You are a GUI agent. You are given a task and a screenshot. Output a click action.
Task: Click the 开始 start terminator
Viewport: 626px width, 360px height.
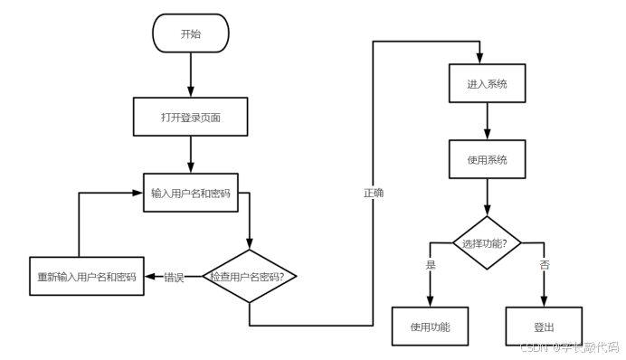pyautogui.click(x=191, y=35)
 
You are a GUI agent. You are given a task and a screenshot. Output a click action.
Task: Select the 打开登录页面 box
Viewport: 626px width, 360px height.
pyautogui.click(x=191, y=117)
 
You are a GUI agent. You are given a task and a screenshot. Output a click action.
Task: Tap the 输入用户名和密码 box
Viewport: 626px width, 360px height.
pyautogui.click(x=191, y=193)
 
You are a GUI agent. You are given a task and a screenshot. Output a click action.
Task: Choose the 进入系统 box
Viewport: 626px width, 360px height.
pyautogui.click(x=488, y=84)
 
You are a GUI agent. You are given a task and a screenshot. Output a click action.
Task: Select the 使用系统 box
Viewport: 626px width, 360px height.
pyautogui.click(x=488, y=159)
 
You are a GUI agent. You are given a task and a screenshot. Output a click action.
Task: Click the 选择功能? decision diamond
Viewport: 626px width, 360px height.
pyautogui.click(x=488, y=242)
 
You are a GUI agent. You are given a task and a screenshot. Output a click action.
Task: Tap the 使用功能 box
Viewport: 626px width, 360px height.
pyautogui.click(x=430, y=326)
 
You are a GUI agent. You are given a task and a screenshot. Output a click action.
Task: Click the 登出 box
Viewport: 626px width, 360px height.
pyautogui.click(x=544, y=326)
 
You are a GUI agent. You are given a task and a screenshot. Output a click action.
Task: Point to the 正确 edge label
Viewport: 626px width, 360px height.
pyautogui.click(x=374, y=193)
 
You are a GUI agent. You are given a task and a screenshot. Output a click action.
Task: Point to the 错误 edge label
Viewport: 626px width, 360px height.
pyautogui.click(x=174, y=277)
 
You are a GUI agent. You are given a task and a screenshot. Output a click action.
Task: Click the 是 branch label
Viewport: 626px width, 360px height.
pyautogui.click(x=430, y=264)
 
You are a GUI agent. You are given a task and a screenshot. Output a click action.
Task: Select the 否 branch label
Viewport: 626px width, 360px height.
pyautogui.click(x=544, y=264)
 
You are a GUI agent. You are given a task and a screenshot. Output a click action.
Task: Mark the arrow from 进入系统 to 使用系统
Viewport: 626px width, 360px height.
pyautogui.click(x=488, y=121)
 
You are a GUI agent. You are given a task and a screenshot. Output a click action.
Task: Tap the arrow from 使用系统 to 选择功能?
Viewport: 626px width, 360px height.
pyautogui.click(x=488, y=196)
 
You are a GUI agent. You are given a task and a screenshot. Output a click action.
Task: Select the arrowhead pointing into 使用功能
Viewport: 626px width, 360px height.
pyautogui.click(x=430, y=301)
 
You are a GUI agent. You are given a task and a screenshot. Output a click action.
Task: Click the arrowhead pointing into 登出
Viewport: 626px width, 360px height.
pyautogui.click(x=544, y=301)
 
